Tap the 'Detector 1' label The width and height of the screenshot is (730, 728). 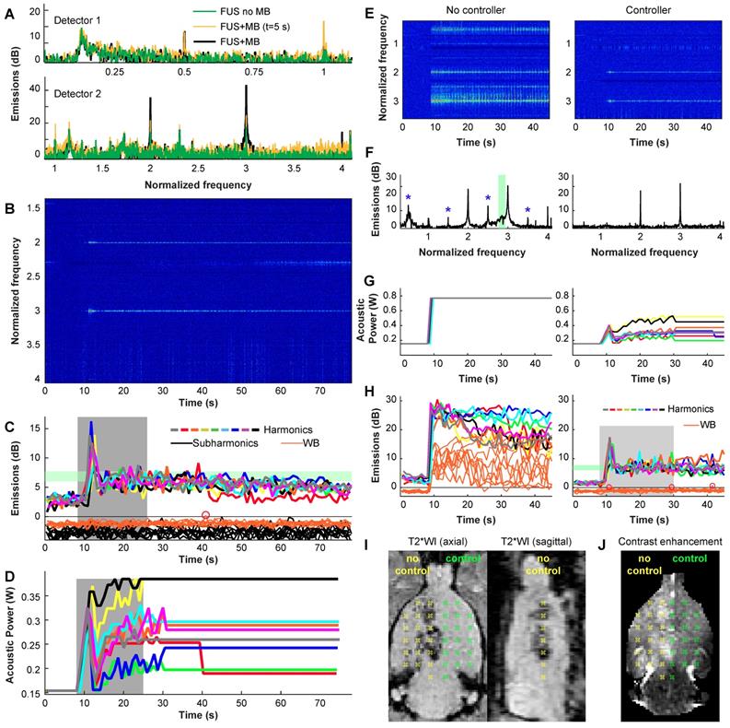(x=79, y=18)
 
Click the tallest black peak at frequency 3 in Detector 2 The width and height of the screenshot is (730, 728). (x=246, y=88)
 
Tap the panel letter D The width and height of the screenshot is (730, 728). (x=8, y=574)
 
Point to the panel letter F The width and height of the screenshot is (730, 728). (x=372, y=168)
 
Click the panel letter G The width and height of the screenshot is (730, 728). (x=372, y=276)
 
